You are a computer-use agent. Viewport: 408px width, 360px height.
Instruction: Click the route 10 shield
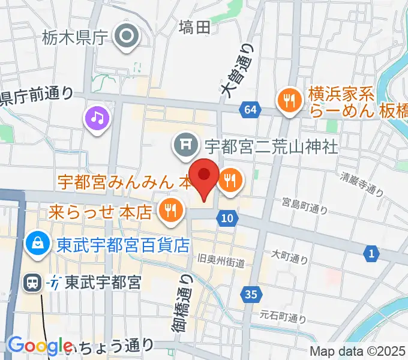pyautogui.click(x=226, y=219)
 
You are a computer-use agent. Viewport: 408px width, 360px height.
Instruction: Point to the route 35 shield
pyautogui.click(x=252, y=294)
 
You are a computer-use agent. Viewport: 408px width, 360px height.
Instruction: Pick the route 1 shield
pyautogui.click(x=372, y=254)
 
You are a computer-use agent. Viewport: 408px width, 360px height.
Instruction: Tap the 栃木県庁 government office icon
pyautogui.click(x=127, y=37)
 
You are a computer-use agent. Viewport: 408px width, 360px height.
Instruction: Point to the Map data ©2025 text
pyautogui.click(x=358, y=352)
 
